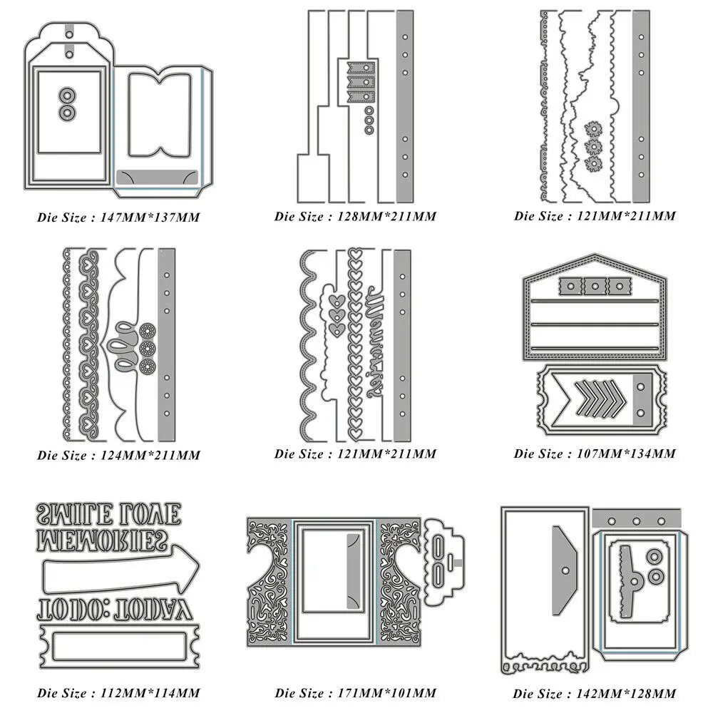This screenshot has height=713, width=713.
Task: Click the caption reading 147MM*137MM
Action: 118,217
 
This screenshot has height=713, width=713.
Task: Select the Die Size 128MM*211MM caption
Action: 355,216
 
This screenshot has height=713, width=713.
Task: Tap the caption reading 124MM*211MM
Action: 118,455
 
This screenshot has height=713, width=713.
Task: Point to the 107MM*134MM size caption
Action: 595,453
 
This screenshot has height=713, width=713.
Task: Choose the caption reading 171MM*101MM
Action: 355,692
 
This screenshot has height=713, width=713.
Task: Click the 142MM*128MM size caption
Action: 595,693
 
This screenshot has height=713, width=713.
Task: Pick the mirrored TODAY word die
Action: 147,607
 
